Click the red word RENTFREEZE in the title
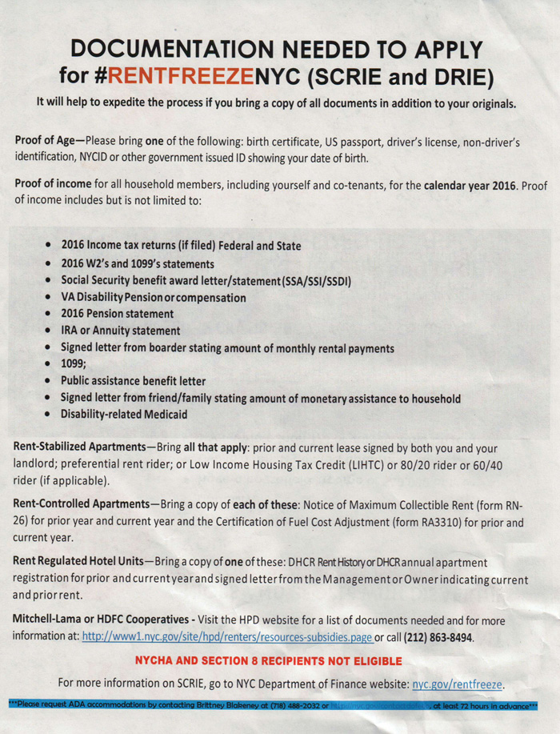180,76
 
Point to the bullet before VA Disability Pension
51,297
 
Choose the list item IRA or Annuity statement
120,331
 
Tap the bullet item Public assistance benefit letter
133,381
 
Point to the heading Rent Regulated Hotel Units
80,563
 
